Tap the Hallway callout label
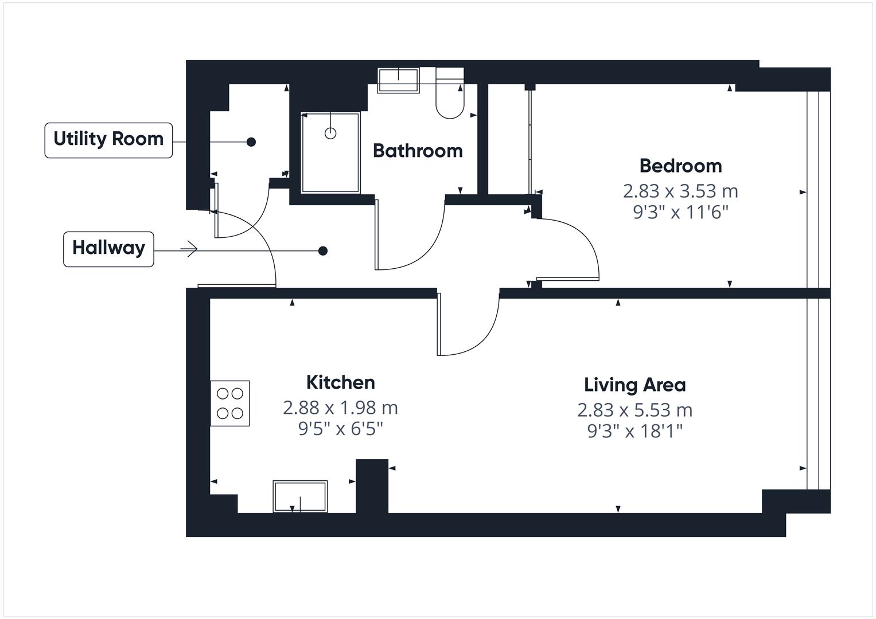(108, 249)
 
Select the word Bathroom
(418, 151)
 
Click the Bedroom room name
(680, 166)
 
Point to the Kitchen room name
(340, 382)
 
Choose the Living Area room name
(634, 385)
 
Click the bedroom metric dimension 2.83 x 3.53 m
(680, 191)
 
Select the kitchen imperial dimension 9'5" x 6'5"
(340, 429)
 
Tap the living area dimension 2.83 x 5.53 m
(634, 410)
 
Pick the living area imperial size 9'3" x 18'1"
(634, 431)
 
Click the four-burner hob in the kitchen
(230, 403)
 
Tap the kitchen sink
(300, 496)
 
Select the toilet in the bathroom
(450, 97)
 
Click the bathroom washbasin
(398, 80)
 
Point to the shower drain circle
(330, 134)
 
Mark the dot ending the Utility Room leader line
(251, 142)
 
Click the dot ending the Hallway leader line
(323, 250)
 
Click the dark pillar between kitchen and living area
(372, 486)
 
